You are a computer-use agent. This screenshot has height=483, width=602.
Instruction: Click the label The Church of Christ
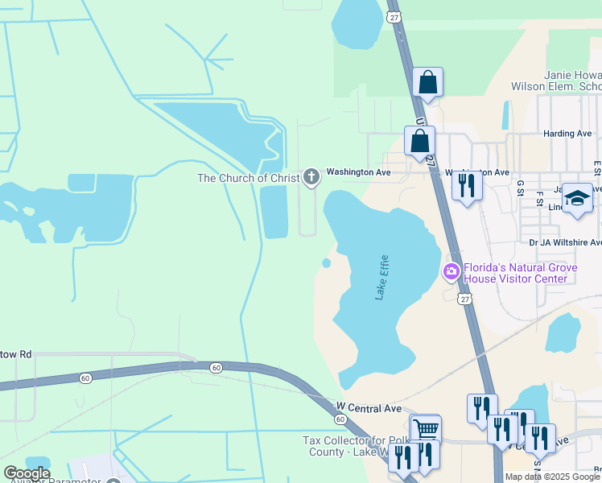coord(249,178)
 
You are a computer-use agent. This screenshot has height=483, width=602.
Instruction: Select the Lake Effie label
coord(382,278)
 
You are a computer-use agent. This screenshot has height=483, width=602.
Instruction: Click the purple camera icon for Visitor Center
coord(451,272)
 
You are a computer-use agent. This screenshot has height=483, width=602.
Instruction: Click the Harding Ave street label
coord(567,134)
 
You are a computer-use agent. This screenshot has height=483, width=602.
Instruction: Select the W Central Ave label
coord(369,408)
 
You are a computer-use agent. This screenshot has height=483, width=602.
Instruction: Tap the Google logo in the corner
coord(26,473)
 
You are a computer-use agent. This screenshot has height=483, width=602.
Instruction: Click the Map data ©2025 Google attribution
coord(553,477)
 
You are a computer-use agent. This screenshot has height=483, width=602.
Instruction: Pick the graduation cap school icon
coord(577,198)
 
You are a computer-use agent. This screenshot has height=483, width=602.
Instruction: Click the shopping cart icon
coord(425,428)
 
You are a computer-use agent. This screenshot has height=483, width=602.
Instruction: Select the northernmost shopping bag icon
coord(427,81)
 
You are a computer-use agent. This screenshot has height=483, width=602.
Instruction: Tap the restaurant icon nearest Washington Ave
coord(466,185)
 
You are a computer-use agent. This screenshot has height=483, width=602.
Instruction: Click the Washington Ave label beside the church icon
coord(357,172)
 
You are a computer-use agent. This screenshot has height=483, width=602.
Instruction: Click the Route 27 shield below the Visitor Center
coord(464,299)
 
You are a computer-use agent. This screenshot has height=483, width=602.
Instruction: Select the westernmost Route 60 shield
coord(85,378)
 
